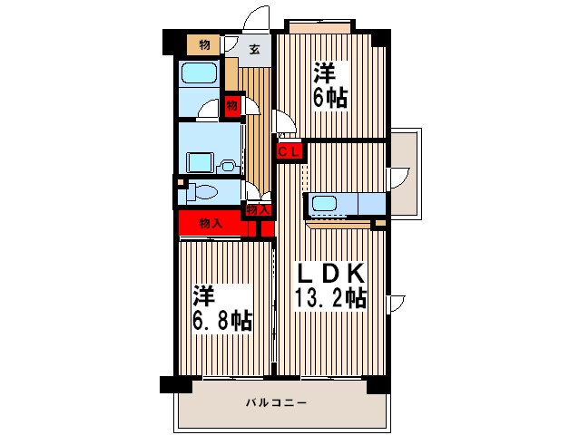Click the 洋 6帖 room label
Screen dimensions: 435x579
[x=331, y=84]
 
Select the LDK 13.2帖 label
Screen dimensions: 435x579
[x=329, y=285]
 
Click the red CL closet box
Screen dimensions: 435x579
[x=289, y=151]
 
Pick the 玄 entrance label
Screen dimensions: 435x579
[x=255, y=50]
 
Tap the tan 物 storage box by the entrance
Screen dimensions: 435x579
[x=204, y=44]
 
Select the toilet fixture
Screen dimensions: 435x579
[x=203, y=191]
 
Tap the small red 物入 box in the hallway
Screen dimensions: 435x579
[x=259, y=210]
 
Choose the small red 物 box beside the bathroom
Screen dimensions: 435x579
[x=232, y=106]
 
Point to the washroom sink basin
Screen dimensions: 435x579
[x=227, y=165]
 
